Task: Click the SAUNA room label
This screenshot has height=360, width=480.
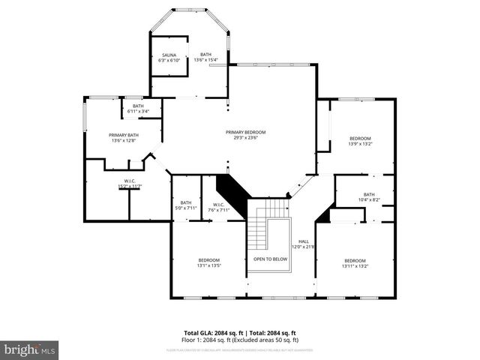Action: tap(169, 55)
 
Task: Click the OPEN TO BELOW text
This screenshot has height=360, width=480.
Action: tap(270, 259)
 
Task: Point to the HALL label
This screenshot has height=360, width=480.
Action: tap(303, 241)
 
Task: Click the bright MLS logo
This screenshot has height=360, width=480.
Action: tap(30, 349)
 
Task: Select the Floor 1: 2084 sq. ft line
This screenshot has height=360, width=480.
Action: tap(239, 339)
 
